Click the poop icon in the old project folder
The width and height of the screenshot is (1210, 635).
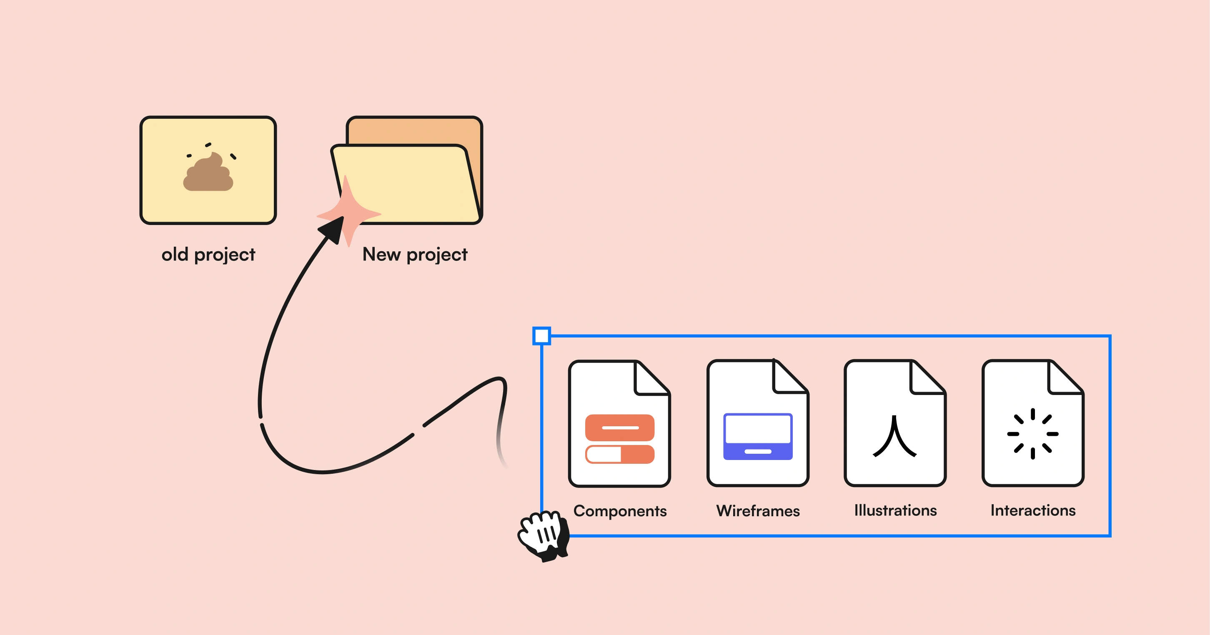[208, 172]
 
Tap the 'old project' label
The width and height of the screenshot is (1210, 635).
[208, 255]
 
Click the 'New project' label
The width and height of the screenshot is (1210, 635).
[415, 255]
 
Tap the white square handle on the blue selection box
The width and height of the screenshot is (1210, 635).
[541, 336]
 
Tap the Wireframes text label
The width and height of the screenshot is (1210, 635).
[758, 510]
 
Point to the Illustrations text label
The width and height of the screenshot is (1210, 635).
[895, 510]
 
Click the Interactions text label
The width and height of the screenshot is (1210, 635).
[1033, 510]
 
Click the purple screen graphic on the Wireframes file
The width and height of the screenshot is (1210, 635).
[758, 436]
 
